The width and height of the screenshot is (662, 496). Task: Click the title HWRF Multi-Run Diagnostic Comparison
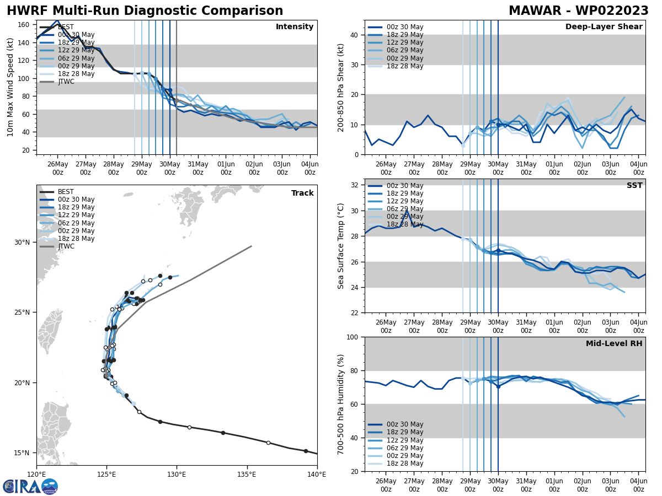[145, 11]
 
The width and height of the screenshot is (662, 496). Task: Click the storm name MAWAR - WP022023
[578, 11]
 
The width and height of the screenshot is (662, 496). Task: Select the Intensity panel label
[295, 27]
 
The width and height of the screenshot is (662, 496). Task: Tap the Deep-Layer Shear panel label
[604, 27]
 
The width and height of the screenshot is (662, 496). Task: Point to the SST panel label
[634, 186]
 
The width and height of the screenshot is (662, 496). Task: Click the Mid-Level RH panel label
[614, 344]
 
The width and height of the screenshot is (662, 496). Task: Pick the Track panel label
[302, 193]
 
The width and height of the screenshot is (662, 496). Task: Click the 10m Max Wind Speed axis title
[10, 87]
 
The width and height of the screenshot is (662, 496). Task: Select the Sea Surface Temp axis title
[341, 246]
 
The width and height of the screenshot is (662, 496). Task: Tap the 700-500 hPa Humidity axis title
[341, 404]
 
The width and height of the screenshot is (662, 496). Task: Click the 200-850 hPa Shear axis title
[341, 87]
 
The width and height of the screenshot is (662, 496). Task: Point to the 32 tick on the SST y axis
[356, 185]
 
